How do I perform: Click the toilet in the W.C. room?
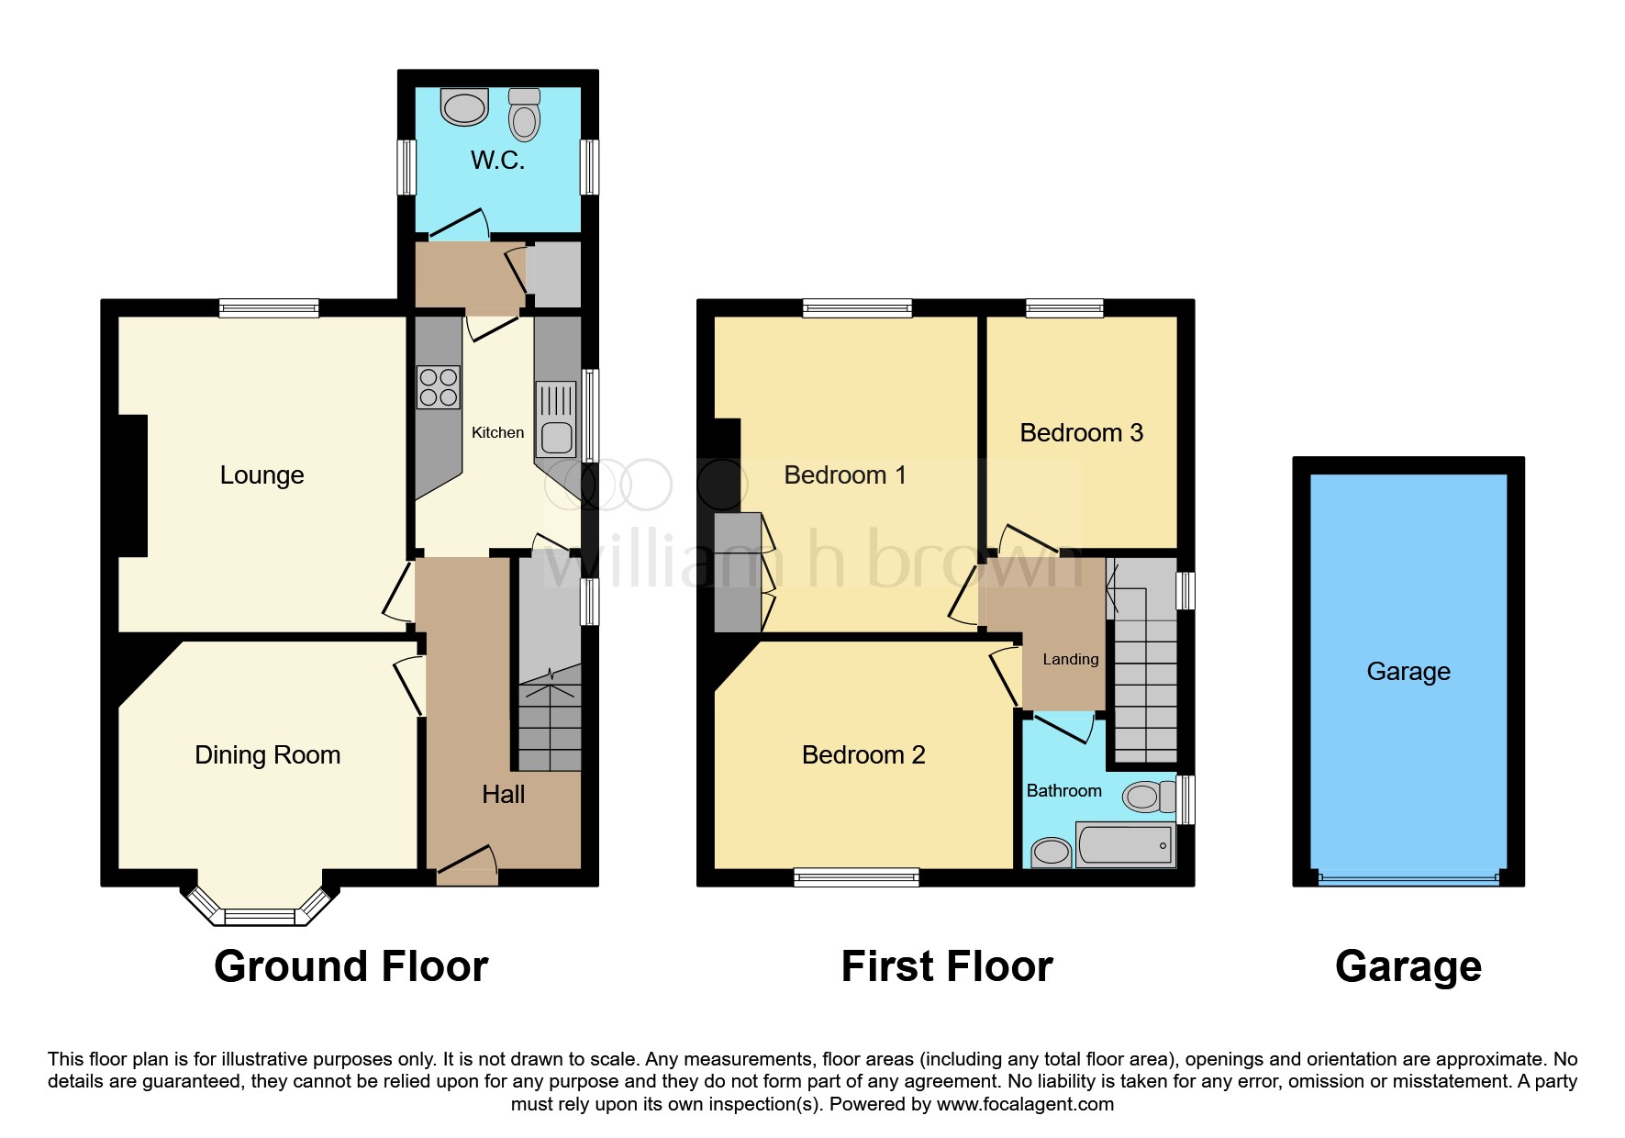pos(524,115)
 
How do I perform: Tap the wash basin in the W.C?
pos(464,106)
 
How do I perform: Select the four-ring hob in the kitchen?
pos(439,387)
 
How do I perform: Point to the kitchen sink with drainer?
pos(556,419)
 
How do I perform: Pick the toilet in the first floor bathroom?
pos(1150,797)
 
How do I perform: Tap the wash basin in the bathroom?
pos(1051,853)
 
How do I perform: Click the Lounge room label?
pos(262,475)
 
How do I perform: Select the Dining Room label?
pos(268,755)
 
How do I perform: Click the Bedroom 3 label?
pos(1082,433)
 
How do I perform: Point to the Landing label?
pos(1071,659)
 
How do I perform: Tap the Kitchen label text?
pos(498,432)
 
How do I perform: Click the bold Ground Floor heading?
pos(351,966)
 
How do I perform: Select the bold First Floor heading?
pos(947,966)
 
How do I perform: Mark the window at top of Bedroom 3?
pos(1064,308)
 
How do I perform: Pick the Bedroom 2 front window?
pos(856,877)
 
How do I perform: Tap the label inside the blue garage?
pos(1408,672)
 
